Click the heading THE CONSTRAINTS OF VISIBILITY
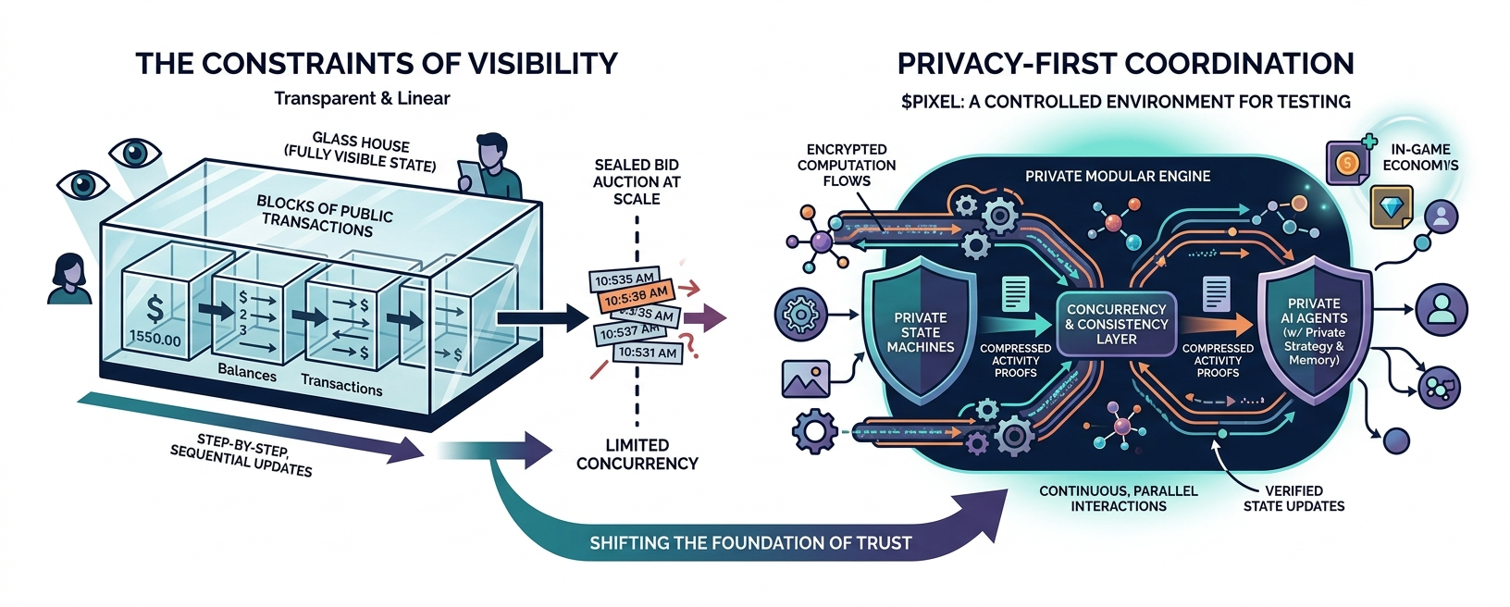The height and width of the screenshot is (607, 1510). (376, 63)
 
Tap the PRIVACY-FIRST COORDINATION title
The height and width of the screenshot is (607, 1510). (1125, 63)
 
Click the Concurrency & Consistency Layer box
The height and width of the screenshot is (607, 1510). (1116, 324)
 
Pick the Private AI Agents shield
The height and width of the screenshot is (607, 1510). (1314, 330)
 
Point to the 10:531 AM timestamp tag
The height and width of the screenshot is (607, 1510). (648, 353)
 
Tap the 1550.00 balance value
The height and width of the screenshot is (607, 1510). (155, 339)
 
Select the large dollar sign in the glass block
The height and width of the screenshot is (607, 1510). (155, 308)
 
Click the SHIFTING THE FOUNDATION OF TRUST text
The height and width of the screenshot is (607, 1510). (750, 543)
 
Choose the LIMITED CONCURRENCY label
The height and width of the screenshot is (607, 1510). (637, 454)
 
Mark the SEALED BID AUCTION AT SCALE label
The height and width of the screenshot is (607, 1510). (637, 181)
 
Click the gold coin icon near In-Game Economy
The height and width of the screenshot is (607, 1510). (1347, 164)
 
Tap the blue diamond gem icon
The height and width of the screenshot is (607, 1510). (1391, 206)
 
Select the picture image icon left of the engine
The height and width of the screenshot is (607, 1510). (805, 378)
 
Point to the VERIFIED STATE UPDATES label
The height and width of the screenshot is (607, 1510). (1293, 498)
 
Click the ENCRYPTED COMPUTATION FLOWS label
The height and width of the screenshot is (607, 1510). (846, 165)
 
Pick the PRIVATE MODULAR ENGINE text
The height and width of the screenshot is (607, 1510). (1117, 176)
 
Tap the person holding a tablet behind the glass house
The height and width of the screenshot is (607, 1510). (488, 167)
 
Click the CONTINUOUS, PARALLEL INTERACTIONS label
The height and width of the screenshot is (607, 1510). (1118, 498)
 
